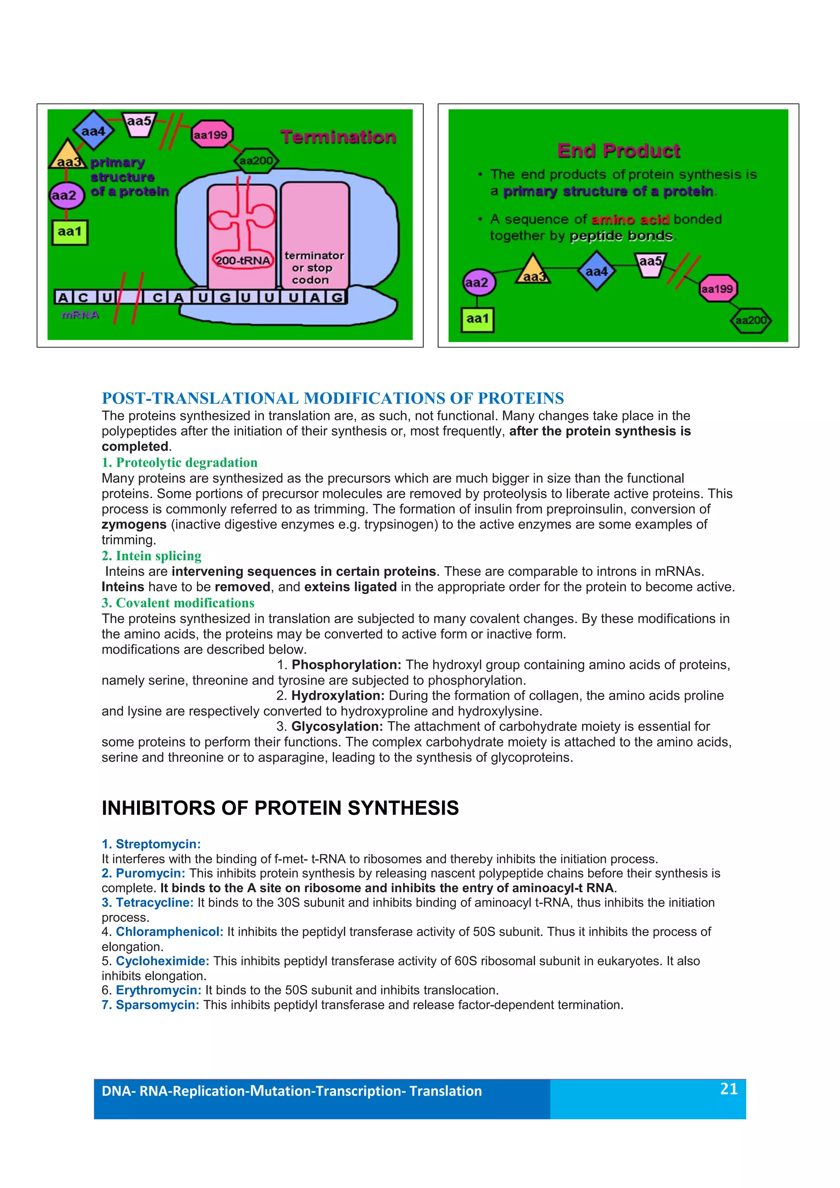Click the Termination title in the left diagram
click(338, 137)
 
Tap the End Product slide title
click(619, 151)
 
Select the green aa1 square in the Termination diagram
click(70, 232)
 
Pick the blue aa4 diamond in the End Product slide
click(596, 271)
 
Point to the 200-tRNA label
click(242, 260)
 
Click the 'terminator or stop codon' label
click(313, 267)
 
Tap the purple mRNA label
click(80, 315)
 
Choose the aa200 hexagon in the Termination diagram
click(256, 161)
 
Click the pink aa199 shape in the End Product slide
click(717, 289)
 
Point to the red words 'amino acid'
click(630, 219)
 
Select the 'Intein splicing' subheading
click(151, 556)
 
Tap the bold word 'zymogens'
click(134, 524)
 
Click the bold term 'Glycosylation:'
click(337, 727)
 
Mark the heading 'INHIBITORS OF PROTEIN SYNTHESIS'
click(280, 808)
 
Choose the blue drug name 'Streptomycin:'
click(151, 844)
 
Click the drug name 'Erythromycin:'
click(158, 990)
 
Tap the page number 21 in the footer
click(729, 1089)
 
